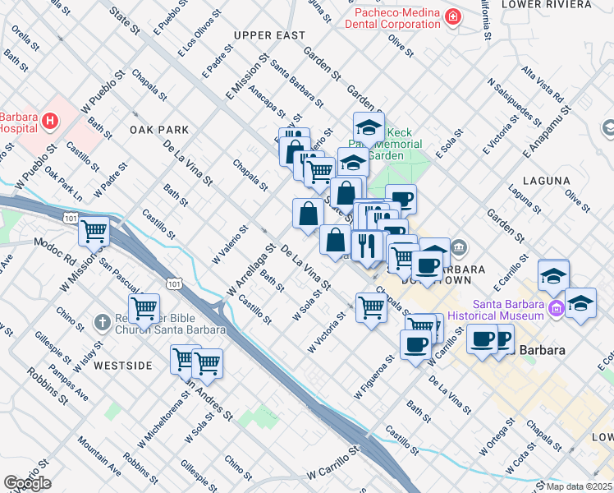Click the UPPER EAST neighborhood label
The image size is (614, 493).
[x=269, y=35]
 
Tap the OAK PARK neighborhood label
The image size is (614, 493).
[x=159, y=130]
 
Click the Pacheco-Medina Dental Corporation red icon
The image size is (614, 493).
[x=452, y=16]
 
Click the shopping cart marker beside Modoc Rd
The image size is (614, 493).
[x=94, y=232]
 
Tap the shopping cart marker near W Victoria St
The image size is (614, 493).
[x=372, y=308]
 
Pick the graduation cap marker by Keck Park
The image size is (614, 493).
[x=369, y=128]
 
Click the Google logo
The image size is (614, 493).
[x=27, y=483]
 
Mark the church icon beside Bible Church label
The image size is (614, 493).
[x=102, y=322]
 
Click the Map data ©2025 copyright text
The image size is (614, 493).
[x=579, y=486]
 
